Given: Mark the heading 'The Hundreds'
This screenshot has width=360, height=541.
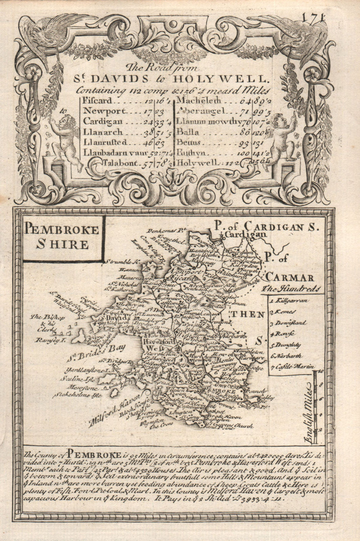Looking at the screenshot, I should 291,288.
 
